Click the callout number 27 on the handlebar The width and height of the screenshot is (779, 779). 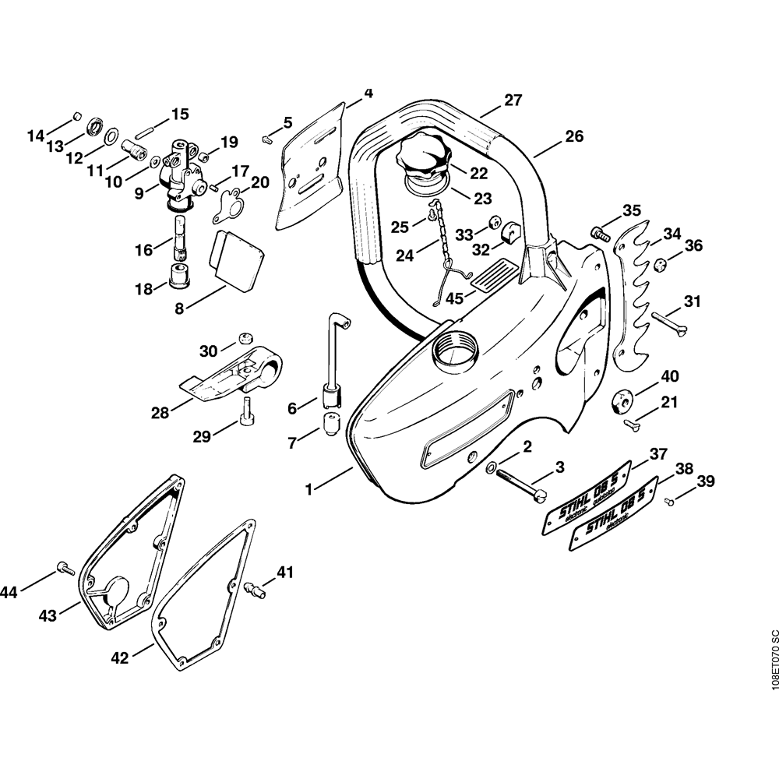(513, 100)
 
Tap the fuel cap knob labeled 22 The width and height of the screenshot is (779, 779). (421, 158)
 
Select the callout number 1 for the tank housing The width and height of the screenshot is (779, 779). (309, 490)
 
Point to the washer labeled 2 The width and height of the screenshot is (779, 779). (492, 468)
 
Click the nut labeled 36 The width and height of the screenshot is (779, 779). (659, 266)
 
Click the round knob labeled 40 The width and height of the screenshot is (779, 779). (622, 399)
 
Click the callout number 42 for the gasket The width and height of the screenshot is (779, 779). (119, 658)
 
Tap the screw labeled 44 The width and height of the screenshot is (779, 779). (65, 569)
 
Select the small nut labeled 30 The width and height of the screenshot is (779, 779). (244, 337)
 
